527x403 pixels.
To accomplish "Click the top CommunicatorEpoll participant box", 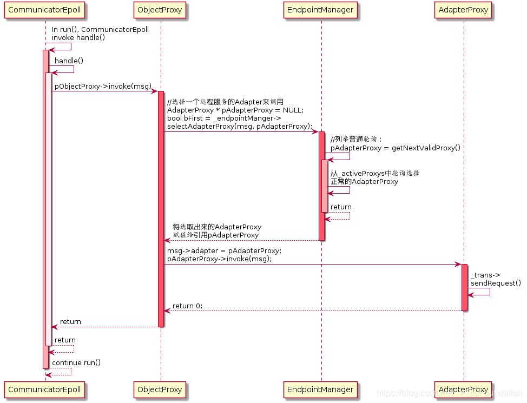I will pos(45,10).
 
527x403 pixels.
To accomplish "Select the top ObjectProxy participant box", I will pos(160,10).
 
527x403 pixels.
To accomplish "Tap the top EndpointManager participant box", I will pos(321,10).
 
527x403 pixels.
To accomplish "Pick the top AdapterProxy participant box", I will pos(464,10).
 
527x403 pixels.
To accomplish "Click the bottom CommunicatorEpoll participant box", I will pos(45,389).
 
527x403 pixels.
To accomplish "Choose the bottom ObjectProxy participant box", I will pos(160,389).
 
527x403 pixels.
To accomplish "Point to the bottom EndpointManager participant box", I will pos(321,389).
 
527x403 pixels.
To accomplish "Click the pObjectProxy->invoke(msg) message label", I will pos(103,87).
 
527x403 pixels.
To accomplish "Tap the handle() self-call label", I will pos(69,61).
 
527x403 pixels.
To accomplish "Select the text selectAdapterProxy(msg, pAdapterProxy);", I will pos(240,127).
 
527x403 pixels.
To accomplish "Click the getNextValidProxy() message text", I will pos(396,148).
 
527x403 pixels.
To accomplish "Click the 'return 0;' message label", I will pos(187,306).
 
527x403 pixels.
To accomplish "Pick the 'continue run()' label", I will pos(76,362).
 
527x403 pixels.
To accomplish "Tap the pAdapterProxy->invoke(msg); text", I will pos(219,259).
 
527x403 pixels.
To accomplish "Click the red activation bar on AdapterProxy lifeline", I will pos(464,287).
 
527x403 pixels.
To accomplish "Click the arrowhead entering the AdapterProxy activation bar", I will pos(458,265).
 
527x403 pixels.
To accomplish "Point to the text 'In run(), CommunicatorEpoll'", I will pos(100,30).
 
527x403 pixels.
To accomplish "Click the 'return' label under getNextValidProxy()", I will pos(341,207).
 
